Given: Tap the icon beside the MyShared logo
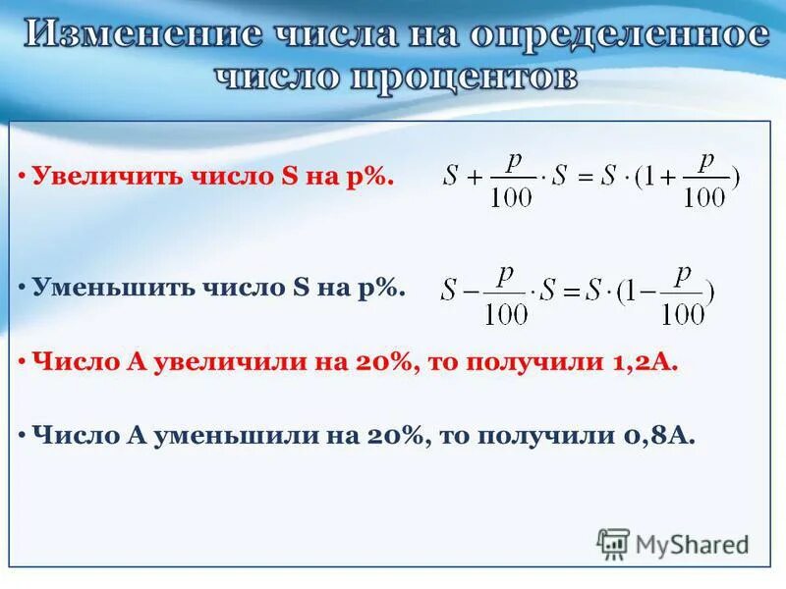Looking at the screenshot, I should (x=613, y=543).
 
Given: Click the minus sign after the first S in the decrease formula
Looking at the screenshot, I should (x=473, y=292).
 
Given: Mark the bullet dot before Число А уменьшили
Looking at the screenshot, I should (x=22, y=436).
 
